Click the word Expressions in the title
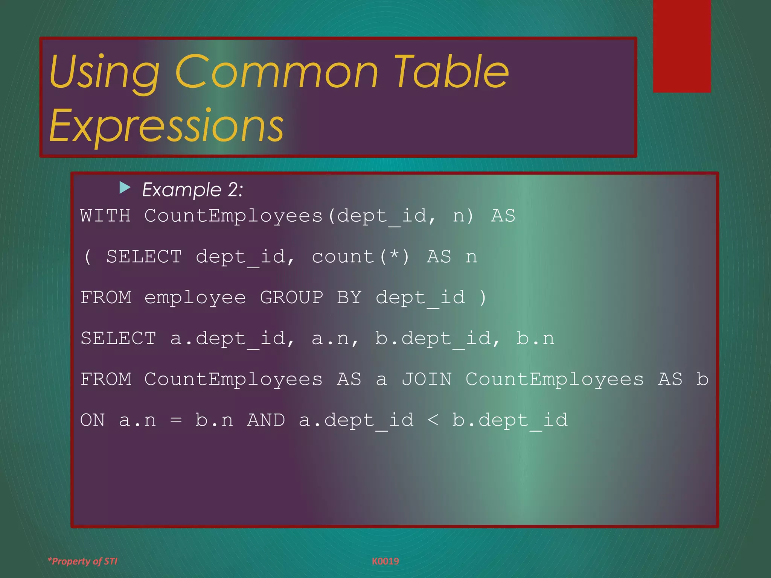tap(166, 125)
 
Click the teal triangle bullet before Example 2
tap(125, 187)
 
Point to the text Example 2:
tap(192, 189)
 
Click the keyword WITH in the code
tap(105, 216)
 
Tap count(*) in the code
tap(360, 257)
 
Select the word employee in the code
tap(195, 298)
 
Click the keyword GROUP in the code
tap(291, 298)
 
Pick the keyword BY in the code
tap(349, 298)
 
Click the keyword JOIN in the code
tap(427, 379)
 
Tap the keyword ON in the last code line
tap(92, 420)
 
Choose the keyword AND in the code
tap(266, 420)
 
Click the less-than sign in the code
tap(433, 420)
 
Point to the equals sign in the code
tap(176, 420)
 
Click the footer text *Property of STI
tap(82, 561)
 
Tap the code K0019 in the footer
tap(385, 561)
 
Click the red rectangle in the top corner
tap(682, 46)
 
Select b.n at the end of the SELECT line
tap(535, 339)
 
